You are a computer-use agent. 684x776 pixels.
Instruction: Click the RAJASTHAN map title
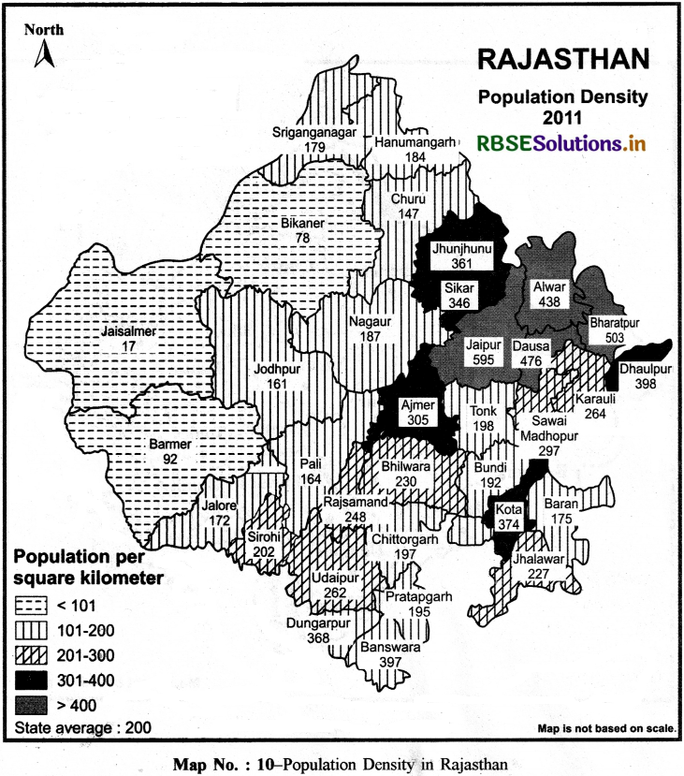click(562, 61)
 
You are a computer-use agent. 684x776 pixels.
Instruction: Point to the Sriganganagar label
click(314, 132)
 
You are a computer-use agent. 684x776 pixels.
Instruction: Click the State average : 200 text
click(82, 726)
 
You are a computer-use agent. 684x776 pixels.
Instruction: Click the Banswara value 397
click(387, 662)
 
